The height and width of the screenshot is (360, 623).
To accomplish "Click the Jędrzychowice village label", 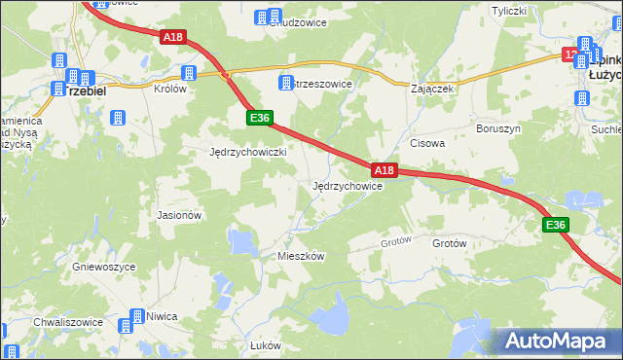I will coord(347,186).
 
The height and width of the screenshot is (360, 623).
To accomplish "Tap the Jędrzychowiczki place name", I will coord(247,153).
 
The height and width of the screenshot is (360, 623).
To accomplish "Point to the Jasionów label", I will coord(179,215).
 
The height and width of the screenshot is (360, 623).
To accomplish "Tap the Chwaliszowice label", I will coord(69,316).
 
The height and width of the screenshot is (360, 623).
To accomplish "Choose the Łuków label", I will coord(266,345).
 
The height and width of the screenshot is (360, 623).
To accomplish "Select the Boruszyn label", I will coord(496,128).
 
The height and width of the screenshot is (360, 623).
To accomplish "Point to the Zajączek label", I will coord(433,88).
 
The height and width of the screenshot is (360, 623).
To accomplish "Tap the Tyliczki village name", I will coord(508,12).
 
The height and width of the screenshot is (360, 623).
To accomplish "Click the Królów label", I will coord(170,88).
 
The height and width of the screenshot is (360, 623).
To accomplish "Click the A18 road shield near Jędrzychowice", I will coord(385,170).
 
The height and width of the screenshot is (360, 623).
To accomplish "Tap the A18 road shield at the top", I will coord(172,37).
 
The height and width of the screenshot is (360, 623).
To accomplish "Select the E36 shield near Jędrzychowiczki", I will coord(258,118).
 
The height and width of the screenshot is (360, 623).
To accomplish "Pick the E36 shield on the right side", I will coord(555,225).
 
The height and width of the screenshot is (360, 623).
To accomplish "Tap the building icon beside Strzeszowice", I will coord(286,84).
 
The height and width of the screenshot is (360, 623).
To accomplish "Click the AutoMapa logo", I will coord(558,341).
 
